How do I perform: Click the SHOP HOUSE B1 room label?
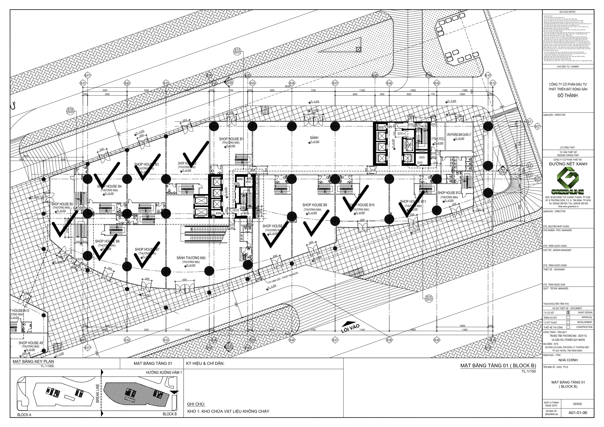[231, 139]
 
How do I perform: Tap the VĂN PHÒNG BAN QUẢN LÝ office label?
[459, 135]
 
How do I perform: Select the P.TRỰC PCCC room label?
[438, 139]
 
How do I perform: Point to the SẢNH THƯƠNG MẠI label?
[191, 258]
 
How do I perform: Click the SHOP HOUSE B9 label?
[314, 205]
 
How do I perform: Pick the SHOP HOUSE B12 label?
[449, 193]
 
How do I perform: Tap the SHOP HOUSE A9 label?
[30, 343]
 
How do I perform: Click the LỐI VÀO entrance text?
[350, 328]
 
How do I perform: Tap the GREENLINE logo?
[568, 182]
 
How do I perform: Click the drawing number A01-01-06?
[577, 413]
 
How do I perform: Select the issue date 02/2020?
[577, 404]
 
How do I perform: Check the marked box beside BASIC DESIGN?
[568, 313]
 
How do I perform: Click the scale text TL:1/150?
[529, 371]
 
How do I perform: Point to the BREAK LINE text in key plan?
[98, 393]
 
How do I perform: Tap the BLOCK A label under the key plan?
[24, 415]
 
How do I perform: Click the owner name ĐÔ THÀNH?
[568, 96]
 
